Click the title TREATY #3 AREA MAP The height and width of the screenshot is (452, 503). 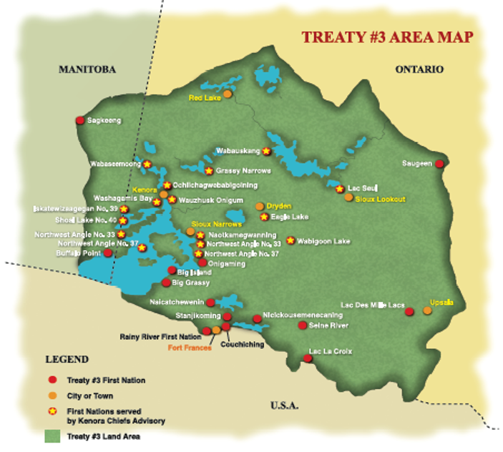click(x=386, y=37)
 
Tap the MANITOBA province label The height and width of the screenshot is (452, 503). click(x=87, y=69)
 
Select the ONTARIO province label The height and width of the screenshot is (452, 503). click(x=419, y=69)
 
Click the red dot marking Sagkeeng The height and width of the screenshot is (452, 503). click(x=79, y=120)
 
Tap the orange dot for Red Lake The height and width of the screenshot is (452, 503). click(x=228, y=94)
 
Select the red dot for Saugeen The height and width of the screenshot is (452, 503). click(x=439, y=164)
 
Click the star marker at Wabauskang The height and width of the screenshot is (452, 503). click(x=266, y=151)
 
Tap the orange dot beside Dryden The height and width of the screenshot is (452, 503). click(x=260, y=206)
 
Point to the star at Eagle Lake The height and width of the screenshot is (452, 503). click(x=264, y=217)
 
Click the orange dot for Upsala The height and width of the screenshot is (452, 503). click(x=427, y=310)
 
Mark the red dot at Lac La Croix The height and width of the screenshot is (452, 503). click(x=308, y=358)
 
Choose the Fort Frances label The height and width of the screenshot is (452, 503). click(x=190, y=348)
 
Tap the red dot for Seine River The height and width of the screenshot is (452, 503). click(x=302, y=325)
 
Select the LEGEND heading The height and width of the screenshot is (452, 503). click(x=67, y=359)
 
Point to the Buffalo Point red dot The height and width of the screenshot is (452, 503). click(x=108, y=252)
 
